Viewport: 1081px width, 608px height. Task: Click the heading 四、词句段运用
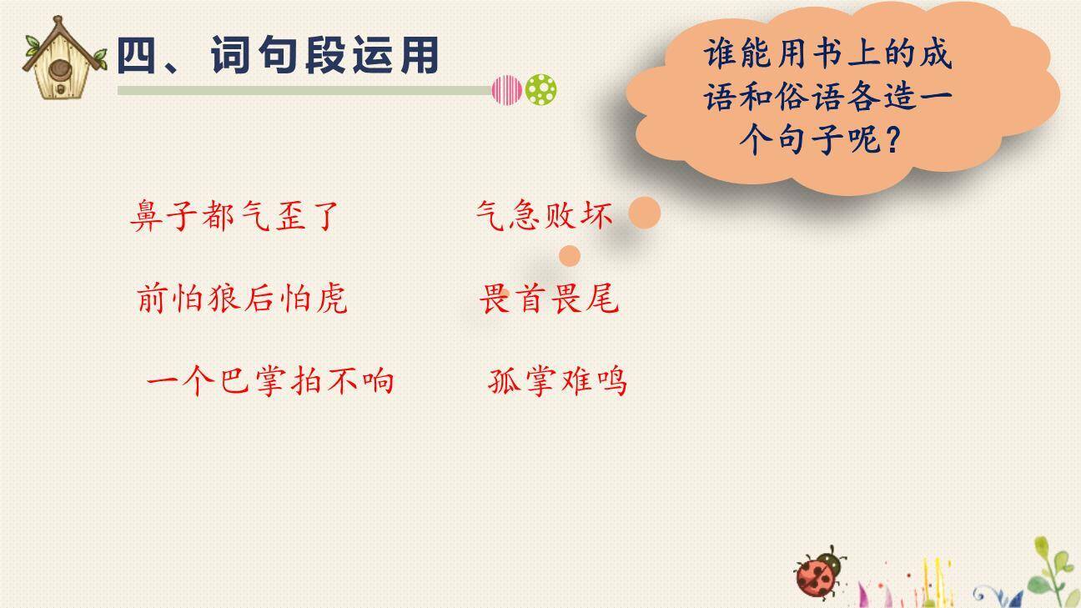[x=277, y=57]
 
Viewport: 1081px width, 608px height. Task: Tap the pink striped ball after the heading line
[x=506, y=89]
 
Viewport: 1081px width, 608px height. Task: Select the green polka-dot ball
[x=541, y=89]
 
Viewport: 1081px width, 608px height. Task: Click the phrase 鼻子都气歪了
[x=235, y=216]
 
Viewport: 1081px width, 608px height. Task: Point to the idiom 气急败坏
[x=544, y=216]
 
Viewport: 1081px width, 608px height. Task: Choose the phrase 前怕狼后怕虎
[x=241, y=299]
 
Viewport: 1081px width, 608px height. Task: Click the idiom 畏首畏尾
[x=549, y=299]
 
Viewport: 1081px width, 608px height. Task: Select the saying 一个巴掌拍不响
[x=269, y=381]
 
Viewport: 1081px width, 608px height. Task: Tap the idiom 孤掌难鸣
[x=556, y=381]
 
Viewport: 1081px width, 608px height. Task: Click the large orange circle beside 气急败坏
[x=644, y=214]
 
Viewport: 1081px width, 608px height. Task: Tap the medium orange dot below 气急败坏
[x=569, y=255]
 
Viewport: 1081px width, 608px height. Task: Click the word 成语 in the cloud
[x=936, y=56]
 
